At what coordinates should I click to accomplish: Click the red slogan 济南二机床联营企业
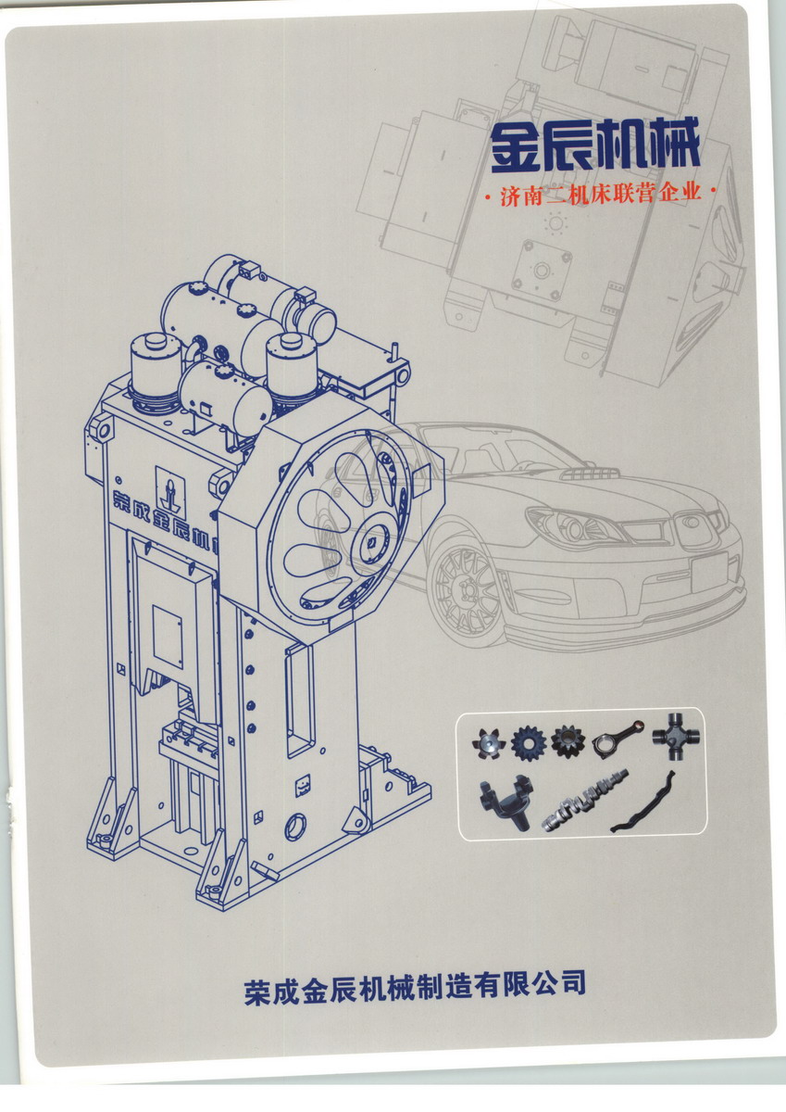601,194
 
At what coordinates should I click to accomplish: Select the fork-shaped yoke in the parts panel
505,801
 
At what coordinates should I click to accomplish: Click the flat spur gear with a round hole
528,743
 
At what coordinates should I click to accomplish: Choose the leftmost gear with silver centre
489,742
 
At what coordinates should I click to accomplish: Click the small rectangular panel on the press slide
168,637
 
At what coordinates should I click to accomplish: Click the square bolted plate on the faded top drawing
543,268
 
